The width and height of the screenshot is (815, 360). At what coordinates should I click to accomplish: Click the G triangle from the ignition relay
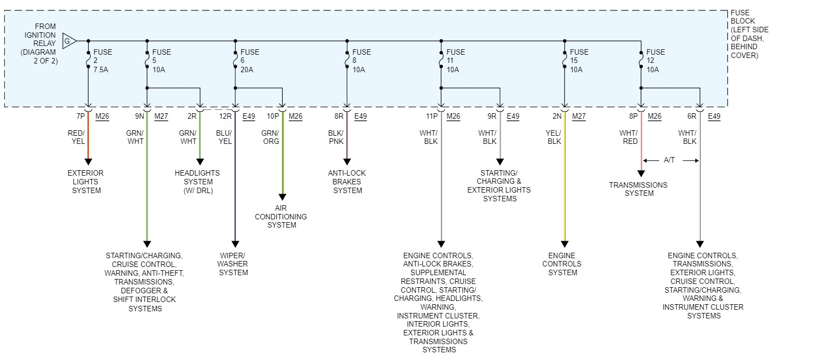tap(68, 40)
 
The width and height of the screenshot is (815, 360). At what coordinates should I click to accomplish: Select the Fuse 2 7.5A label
tap(103, 61)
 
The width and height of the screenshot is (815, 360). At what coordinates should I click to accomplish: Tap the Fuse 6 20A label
tap(249, 61)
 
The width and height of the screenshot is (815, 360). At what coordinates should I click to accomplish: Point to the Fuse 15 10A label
tap(579, 61)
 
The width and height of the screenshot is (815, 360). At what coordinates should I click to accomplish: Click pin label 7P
tap(80, 116)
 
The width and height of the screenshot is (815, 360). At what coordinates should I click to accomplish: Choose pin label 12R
tap(226, 116)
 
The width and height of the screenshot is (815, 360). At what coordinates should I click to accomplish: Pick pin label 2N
tap(557, 116)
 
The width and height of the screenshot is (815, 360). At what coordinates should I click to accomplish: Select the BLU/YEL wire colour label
tap(224, 137)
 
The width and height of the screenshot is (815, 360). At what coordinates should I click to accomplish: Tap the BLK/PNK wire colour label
tap(336, 137)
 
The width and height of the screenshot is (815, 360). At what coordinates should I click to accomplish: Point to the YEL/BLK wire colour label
tap(554, 137)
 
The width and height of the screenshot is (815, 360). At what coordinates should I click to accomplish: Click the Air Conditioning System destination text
tap(281, 216)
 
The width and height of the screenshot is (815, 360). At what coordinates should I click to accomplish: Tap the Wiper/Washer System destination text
tap(234, 264)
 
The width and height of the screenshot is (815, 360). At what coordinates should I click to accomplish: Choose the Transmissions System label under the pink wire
tap(638, 189)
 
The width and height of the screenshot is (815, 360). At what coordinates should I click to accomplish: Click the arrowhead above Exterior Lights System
tap(88, 161)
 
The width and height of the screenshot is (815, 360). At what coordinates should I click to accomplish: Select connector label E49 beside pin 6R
tap(714, 116)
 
